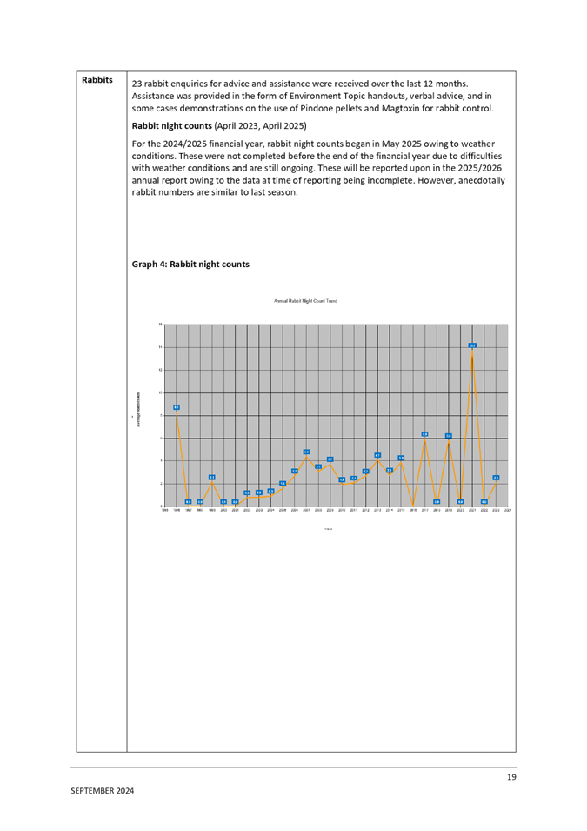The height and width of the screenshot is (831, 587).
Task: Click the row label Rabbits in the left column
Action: (x=97, y=80)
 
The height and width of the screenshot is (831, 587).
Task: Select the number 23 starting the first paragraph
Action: (x=136, y=83)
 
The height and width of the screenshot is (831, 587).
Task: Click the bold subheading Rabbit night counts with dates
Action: (x=219, y=126)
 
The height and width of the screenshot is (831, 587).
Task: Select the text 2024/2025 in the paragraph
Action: (x=174, y=144)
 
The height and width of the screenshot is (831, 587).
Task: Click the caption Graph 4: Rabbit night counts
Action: (x=190, y=264)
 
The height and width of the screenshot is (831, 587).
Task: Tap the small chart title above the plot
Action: (x=305, y=301)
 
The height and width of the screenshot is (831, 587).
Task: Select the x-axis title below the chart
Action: (x=327, y=528)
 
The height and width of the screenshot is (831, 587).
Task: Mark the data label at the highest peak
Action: (x=472, y=345)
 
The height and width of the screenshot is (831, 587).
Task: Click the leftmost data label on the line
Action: (x=176, y=407)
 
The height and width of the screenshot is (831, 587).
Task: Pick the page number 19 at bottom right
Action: (x=511, y=777)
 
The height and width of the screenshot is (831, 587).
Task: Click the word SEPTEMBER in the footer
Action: (x=91, y=791)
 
